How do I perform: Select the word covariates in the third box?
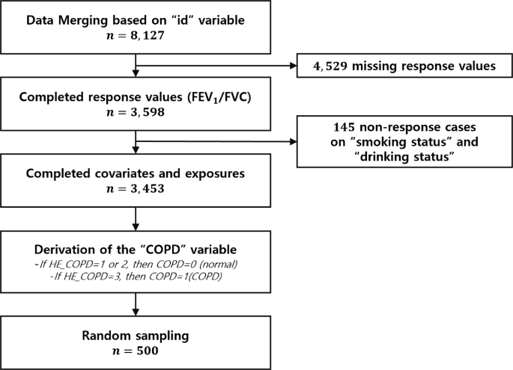coord(131,173)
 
